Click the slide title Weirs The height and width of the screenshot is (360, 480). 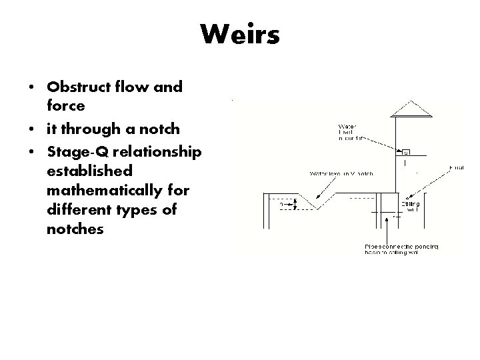[240, 34]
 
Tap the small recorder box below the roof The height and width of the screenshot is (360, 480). [406, 153]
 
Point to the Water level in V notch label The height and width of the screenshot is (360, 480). [341, 173]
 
